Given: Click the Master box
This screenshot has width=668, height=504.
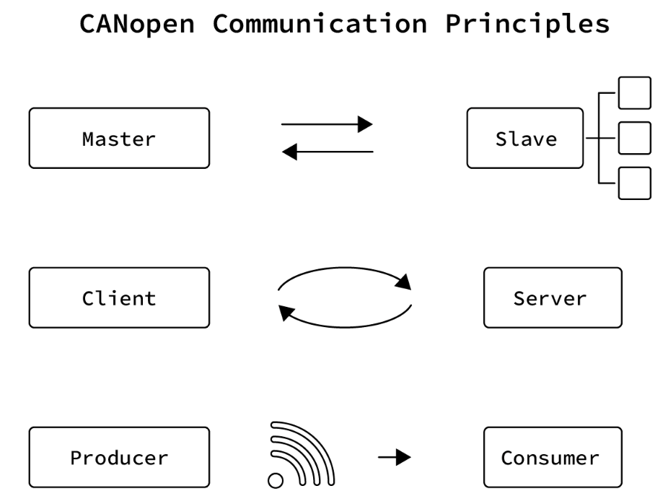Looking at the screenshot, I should click(x=119, y=138).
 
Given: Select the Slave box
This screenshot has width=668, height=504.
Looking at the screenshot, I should click(x=525, y=138).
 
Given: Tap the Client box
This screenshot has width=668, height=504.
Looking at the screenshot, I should click(x=119, y=297).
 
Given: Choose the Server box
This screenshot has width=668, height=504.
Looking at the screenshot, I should click(x=552, y=297).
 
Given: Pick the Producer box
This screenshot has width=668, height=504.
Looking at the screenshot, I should click(x=119, y=457).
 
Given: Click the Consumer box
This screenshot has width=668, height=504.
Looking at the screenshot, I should click(x=552, y=457).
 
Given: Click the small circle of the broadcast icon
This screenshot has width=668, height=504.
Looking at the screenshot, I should click(x=275, y=481).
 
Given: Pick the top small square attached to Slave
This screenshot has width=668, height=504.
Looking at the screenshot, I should click(x=635, y=92).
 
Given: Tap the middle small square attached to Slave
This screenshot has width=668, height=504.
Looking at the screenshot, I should click(x=635, y=138).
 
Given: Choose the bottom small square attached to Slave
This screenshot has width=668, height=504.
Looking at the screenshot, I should click(x=635, y=183).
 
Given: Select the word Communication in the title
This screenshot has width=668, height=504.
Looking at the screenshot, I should click(x=320, y=23).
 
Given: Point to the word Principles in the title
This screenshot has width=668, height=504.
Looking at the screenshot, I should click(x=527, y=23).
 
